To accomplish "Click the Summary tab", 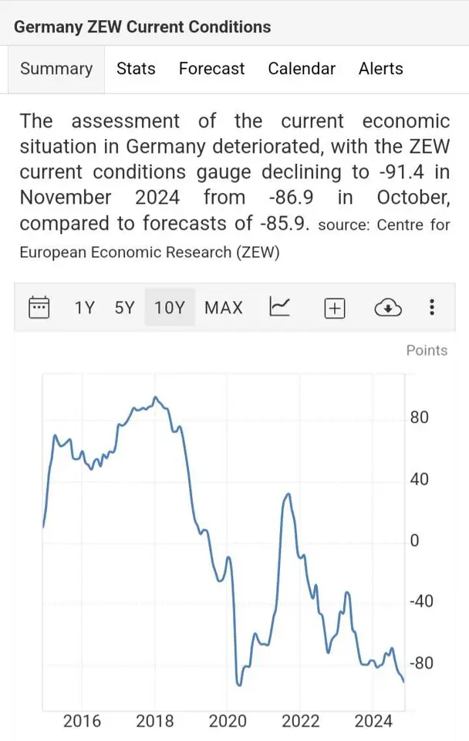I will click(56, 69).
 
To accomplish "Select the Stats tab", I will click(136, 69).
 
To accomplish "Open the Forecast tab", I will click(211, 69).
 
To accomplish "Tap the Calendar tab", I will click(302, 69).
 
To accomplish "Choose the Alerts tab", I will click(381, 69).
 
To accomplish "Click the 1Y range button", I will click(84, 308).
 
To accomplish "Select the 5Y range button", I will click(124, 308).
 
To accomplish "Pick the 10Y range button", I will click(170, 308).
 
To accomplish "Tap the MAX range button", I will click(224, 308).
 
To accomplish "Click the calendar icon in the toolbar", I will click(39, 307).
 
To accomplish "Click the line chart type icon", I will click(279, 307).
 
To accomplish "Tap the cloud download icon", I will click(388, 308).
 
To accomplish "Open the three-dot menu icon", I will click(432, 307).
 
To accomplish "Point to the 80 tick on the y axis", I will click(420, 418).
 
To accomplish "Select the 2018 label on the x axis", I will click(155, 722).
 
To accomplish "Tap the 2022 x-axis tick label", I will click(301, 722).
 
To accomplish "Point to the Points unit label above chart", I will click(427, 350).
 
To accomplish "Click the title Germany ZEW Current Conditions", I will click(143, 27).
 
